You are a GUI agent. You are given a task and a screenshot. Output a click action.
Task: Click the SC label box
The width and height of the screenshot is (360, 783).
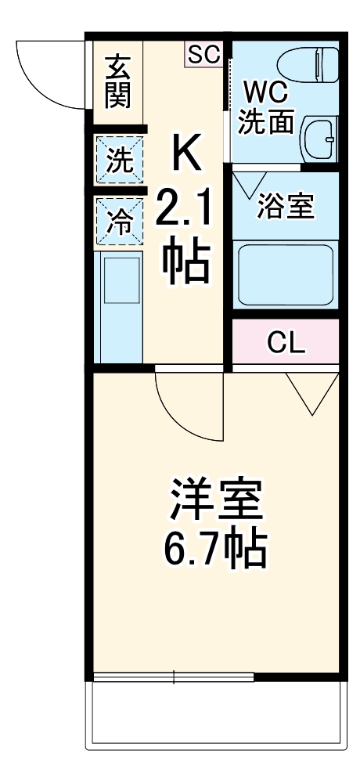[204, 54]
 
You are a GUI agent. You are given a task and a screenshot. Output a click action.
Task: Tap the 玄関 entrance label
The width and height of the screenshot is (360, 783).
[118, 81]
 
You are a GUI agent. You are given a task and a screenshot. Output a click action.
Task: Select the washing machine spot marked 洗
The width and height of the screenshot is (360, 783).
[120, 161]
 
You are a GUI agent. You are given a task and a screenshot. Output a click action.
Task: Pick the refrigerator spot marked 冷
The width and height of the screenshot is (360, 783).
[120, 222]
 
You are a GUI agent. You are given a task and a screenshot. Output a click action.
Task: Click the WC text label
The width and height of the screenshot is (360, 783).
[266, 92]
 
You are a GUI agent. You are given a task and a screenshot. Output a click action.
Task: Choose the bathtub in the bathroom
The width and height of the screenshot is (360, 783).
[286, 274]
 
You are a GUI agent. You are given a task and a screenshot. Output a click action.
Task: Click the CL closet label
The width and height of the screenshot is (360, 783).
[286, 342]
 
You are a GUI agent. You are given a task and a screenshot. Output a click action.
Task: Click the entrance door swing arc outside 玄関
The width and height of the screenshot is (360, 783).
[47, 74]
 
